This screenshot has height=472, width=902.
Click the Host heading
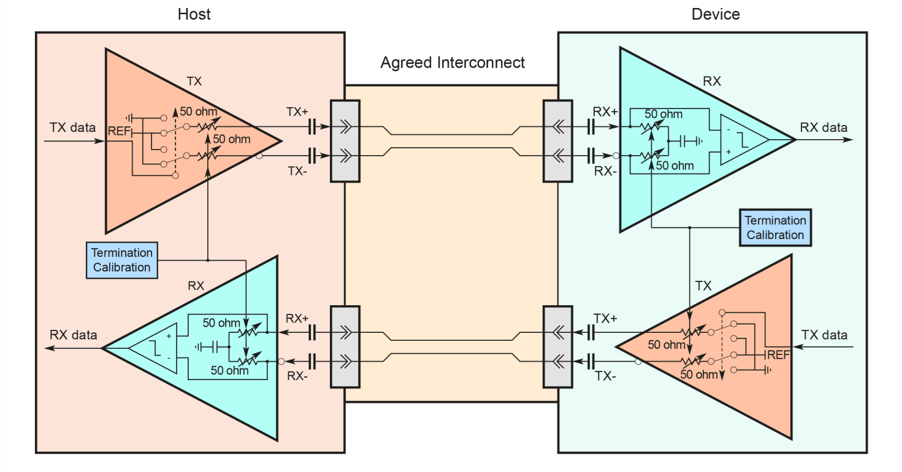[194, 14]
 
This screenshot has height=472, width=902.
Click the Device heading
[716, 14]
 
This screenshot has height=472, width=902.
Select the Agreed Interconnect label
[453, 63]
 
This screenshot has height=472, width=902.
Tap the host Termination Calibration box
[122, 260]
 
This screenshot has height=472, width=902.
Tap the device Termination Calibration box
[775, 227]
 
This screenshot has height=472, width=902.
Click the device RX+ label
[605, 112]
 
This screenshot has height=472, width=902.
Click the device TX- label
[605, 376]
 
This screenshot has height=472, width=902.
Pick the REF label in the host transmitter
[119, 131]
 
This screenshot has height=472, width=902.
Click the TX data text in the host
[73, 128]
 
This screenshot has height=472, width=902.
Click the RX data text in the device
[824, 128]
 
